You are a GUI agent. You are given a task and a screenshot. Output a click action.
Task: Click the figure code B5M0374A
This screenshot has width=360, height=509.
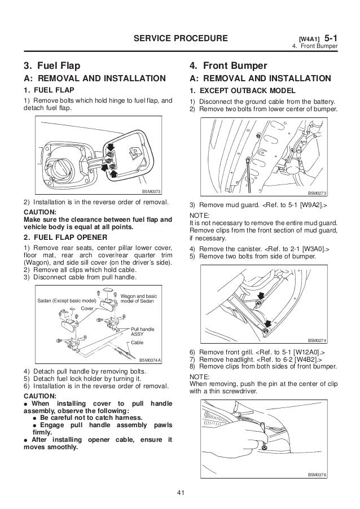point(150,359)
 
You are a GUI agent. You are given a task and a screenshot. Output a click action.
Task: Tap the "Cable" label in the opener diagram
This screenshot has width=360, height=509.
point(138,343)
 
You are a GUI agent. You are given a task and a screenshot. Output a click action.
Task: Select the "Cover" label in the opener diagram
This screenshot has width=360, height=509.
point(87,309)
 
